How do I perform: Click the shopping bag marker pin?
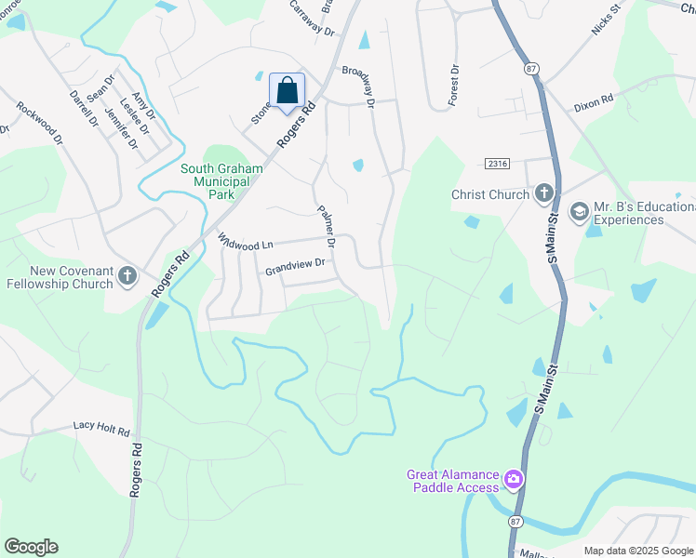pyautogui.click(x=287, y=91)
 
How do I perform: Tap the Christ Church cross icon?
pyautogui.click(x=543, y=194)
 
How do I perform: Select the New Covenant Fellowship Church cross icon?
pyautogui.click(x=127, y=276)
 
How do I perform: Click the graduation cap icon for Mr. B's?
pyautogui.click(x=579, y=213)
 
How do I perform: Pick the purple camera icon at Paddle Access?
pyautogui.click(x=513, y=480)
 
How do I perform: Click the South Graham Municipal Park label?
pyautogui.click(x=221, y=175)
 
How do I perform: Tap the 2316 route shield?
pyautogui.click(x=498, y=164)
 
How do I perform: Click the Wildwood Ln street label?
pyautogui.click(x=246, y=241)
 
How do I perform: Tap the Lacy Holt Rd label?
pyautogui.click(x=101, y=428)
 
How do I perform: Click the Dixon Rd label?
pyautogui.click(x=593, y=99)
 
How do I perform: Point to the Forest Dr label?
pyautogui.click(x=453, y=85)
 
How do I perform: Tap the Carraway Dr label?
pyautogui.click(x=311, y=18)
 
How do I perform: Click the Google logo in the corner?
pyautogui.click(x=31, y=547)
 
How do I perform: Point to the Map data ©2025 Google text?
pyautogui.click(x=638, y=551)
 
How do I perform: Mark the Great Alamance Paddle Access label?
pyautogui.click(x=453, y=481)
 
